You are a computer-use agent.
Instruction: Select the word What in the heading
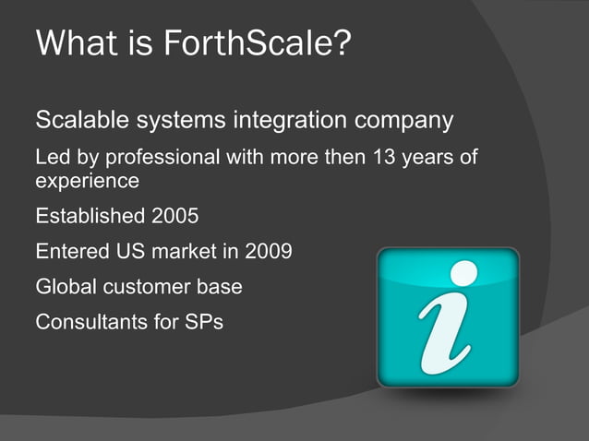click(x=76, y=43)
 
